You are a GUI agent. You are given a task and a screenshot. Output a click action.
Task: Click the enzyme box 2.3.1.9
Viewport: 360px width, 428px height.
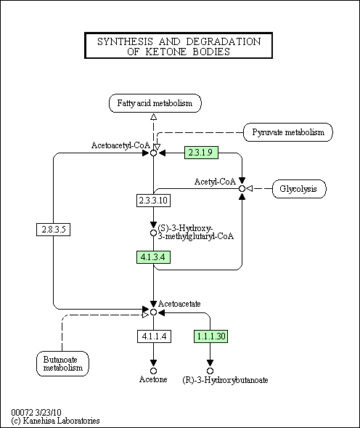pyautogui.click(x=201, y=153)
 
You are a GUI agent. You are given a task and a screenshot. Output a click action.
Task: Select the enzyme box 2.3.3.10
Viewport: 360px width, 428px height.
pyautogui.click(x=153, y=201)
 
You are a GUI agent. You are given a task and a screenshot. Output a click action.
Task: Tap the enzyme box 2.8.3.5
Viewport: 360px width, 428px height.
pyautogui.click(x=54, y=230)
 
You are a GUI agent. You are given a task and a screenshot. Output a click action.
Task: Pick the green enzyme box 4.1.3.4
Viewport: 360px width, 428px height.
pyautogui.click(x=153, y=257)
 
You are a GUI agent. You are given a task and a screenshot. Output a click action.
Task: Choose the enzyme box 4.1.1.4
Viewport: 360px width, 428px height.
pyautogui.click(x=154, y=336)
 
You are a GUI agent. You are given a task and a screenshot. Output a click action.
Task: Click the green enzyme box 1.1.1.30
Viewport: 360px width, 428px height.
pyautogui.click(x=210, y=336)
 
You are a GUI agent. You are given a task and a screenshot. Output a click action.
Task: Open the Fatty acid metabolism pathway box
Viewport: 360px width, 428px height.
pyautogui.click(x=155, y=103)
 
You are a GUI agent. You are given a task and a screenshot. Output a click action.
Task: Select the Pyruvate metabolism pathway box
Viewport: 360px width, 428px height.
pyautogui.click(x=288, y=132)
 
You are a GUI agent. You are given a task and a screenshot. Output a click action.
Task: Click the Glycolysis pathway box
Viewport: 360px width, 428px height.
pyautogui.click(x=299, y=189)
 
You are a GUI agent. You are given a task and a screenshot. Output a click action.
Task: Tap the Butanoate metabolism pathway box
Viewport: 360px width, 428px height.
pyautogui.click(x=62, y=363)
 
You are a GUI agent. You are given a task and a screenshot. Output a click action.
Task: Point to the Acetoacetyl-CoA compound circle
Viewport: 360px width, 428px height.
pyautogui.click(x=154, y=153)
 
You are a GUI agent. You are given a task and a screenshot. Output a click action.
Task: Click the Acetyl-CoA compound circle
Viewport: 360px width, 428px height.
pyautogui.click(x=242, y=189)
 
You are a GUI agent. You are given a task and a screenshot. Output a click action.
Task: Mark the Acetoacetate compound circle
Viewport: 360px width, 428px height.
pyautogui.click(x=154, y=312)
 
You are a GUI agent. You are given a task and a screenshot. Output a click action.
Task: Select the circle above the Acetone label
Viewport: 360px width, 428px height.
pyautogui.click(x=154, y=371)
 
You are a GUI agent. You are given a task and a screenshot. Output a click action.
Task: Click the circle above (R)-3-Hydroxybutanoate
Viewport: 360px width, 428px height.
pyautogui.click(x=210, y=371)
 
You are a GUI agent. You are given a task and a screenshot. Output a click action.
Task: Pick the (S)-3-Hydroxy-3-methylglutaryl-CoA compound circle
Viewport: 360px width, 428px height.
pyautogui.click(x=154, y=233)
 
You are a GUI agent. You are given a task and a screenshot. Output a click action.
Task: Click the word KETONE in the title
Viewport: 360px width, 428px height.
pyautogui.click(x=166, y=52)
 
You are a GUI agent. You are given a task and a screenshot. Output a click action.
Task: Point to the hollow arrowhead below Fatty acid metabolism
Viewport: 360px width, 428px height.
pyautogui.click(x=154, y=117)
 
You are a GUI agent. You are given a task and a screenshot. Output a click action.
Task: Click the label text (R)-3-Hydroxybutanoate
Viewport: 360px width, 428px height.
pyautogui.click(x=225, y=380)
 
